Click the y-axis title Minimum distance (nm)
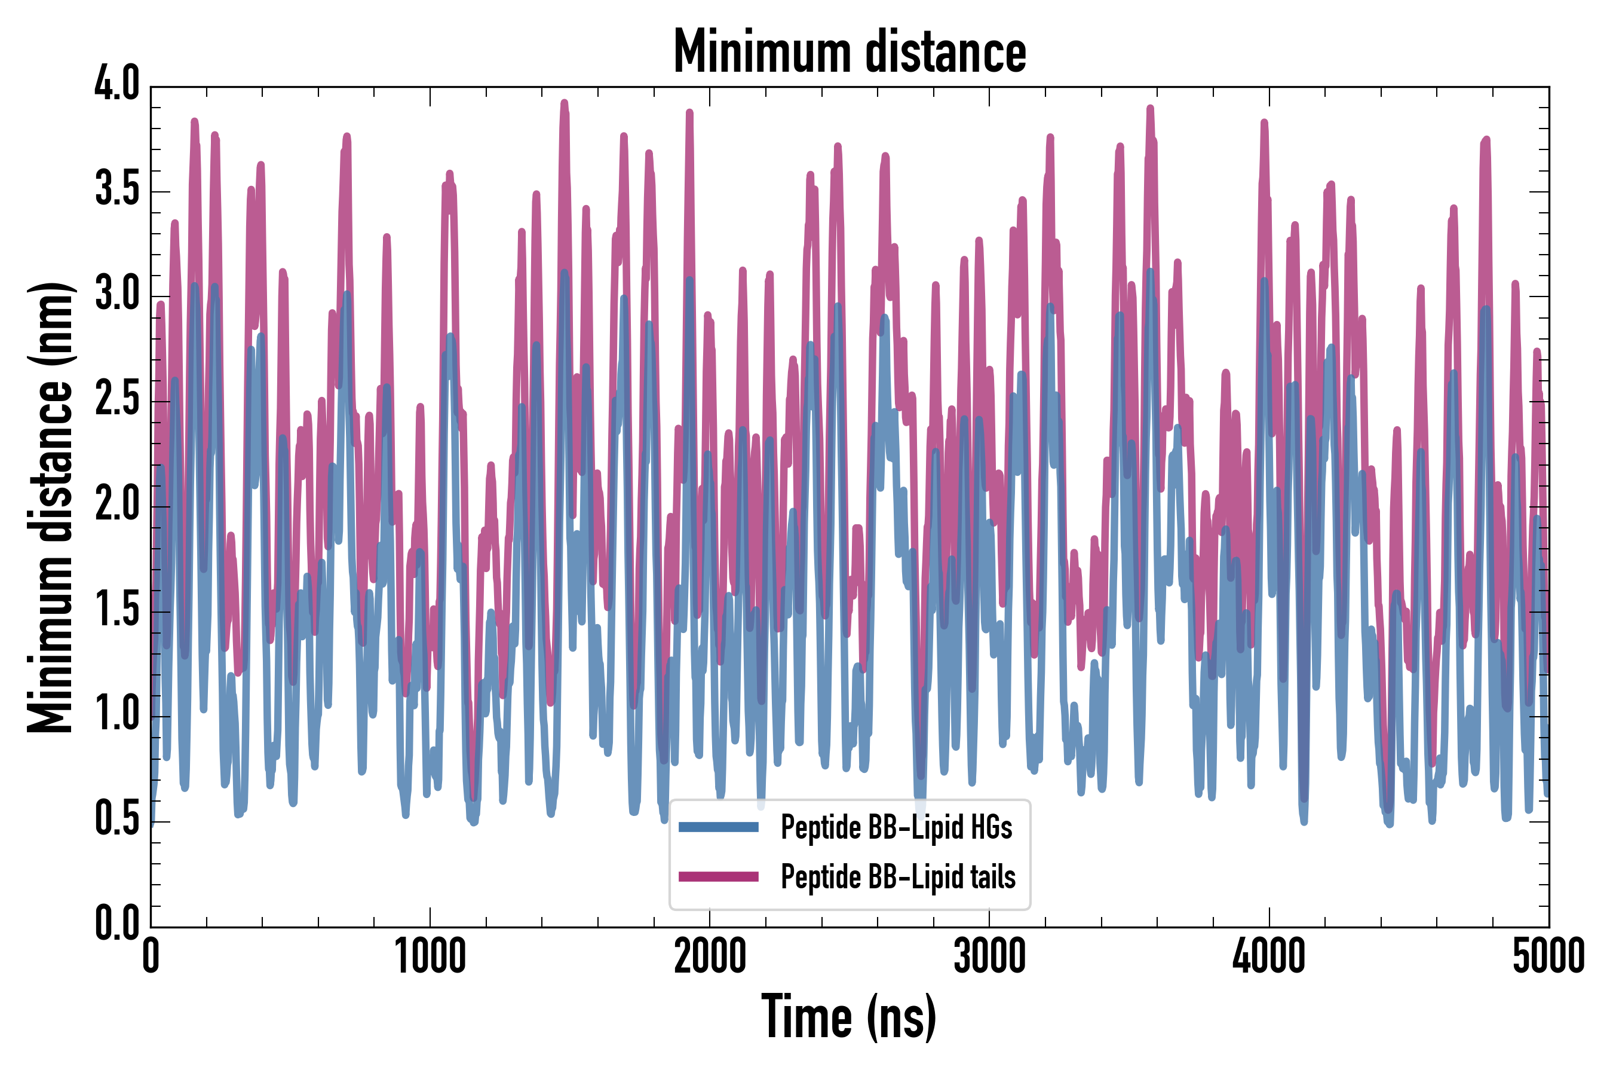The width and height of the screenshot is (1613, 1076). pos(50,508)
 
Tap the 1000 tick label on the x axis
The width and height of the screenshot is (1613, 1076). pos(430,956)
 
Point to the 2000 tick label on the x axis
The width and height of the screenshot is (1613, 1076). pos(710,956)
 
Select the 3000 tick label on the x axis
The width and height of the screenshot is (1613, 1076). pos(990,956)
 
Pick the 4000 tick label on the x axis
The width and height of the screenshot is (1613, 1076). pos(1269,956)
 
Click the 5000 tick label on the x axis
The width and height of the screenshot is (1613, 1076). pos(1548,956)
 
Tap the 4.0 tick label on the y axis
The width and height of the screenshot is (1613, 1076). pos(117,85)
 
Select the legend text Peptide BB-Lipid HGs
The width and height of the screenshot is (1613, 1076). pos(896,827)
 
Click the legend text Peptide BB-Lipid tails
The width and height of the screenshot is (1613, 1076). pos(898,876)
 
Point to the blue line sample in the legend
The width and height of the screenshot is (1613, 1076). pos(718,827)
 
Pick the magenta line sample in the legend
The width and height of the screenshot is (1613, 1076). pos(718,876)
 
